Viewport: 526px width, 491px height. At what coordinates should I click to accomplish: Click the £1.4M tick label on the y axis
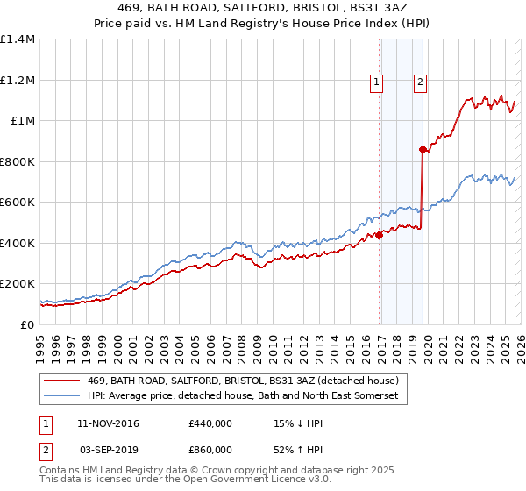[x=18, y=39]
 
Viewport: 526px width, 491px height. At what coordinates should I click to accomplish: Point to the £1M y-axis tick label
[x=23, y=121]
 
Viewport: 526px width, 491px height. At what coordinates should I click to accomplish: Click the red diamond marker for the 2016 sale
[x=380, y=235]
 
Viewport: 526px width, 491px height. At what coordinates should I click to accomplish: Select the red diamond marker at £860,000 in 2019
[x=423, y=150]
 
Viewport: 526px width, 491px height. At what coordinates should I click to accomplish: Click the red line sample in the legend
[x=62, y=381]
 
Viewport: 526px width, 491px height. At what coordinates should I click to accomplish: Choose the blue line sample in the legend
[x=62, y=397]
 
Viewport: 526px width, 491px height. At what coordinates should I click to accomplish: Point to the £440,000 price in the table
[x=210, y=423]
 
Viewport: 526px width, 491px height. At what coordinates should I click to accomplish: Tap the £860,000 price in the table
[x=210, y=450]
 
